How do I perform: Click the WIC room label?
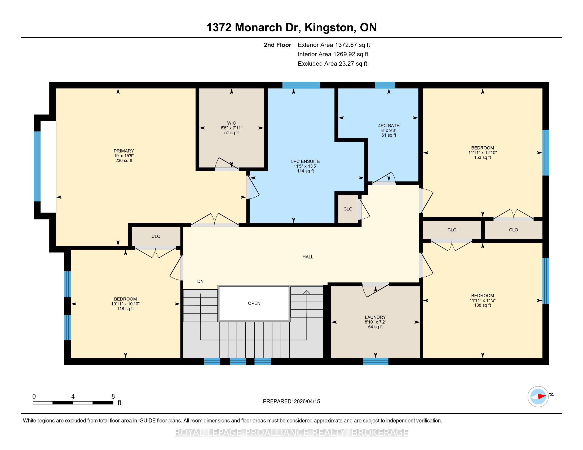tap(231, 123)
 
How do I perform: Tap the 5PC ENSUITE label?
tap(305, 161)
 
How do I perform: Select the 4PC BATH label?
tap(389, 125)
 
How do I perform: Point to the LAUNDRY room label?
tap(375, 317)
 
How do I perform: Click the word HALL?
tap(308, 257)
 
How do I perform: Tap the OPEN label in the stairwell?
tap(254, 303)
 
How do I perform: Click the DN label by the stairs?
tap(200, 281)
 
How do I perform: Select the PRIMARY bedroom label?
tap(123, 151)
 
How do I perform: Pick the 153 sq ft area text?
tap(482, 157)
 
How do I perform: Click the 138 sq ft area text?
tap(482, 305)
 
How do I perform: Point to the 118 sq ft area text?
tap(125, 309)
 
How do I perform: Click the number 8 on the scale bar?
tap(113, 396)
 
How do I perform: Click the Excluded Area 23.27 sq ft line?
tap(332, 64)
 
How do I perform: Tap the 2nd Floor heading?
tap(277, 45)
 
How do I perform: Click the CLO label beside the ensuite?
tap(348, 209)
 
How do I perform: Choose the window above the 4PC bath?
tap(385, 85)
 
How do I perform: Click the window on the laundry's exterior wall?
tap(376, 361)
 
